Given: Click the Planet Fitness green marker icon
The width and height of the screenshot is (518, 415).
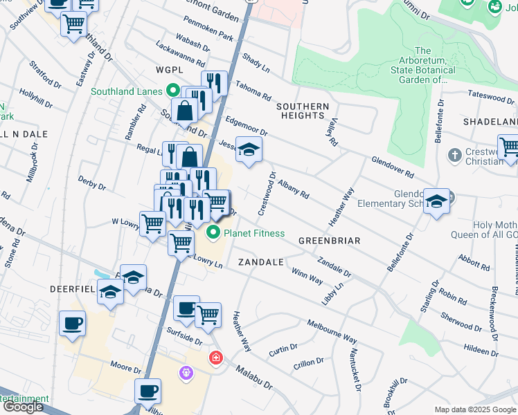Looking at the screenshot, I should coord(215,233).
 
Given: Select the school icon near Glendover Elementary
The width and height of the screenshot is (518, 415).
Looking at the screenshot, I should coord(436,201).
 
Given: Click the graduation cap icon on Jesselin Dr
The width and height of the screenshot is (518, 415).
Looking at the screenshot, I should coord(249,149).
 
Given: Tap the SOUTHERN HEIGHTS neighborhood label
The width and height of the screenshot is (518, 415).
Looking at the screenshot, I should coord(302,111).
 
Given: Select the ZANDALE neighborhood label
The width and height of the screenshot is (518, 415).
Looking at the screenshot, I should coord(261,262).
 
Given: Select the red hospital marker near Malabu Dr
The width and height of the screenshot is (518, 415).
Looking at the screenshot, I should coord(216,358).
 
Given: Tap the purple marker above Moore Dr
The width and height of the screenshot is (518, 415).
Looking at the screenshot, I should coord(185,373).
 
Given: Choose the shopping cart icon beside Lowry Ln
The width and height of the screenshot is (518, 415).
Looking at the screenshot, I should coord(181,243).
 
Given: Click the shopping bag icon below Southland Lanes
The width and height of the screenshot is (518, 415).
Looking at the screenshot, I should coord(186,110).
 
